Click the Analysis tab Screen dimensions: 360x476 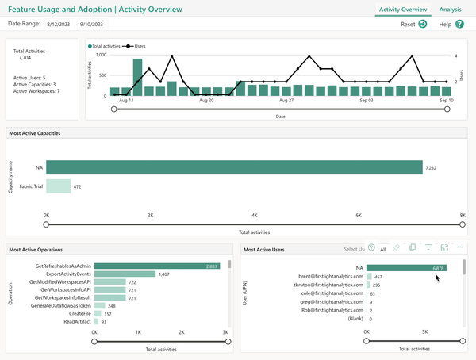(x=450, y=10)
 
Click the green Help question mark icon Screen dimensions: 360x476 (x=460, y=25)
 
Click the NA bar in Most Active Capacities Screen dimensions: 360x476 (x=234, y=168)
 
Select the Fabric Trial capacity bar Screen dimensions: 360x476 (x=58, y=187)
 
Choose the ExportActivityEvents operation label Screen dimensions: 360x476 (x=63, y=274)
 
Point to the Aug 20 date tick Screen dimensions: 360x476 (x=206, y=101)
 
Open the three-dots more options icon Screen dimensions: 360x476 (x=460, y=248)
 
